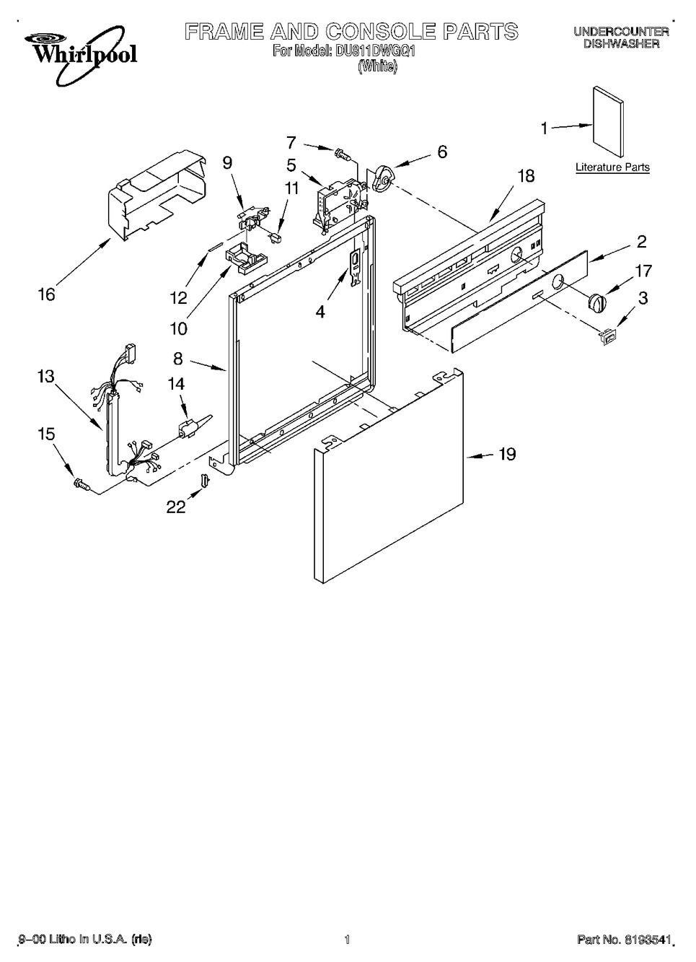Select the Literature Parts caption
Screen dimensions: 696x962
[612, 167]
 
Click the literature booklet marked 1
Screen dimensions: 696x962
[607, 123]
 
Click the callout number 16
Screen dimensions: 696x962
[47, 294]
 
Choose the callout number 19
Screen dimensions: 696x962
[507, 454]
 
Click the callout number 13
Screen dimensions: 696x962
[46, 377]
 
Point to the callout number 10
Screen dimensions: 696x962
[178, 329]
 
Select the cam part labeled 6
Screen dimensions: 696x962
[381, 180]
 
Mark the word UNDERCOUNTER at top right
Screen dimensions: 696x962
[621, 31]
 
